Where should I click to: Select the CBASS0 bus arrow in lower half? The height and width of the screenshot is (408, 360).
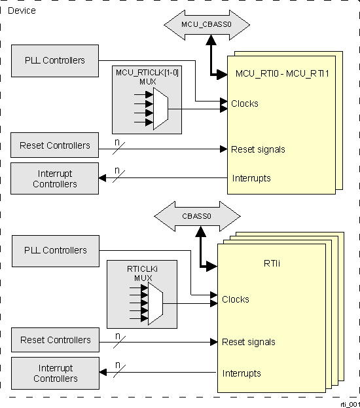tap(197, 214)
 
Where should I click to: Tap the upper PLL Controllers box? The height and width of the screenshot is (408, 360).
tap(55, 60)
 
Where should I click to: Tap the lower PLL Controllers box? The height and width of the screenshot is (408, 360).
tap(55, 250)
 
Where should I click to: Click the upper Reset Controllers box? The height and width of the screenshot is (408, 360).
tap(55, 145)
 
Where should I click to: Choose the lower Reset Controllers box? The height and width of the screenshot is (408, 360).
tap(55, 340)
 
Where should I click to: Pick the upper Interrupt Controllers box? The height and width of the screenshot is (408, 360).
tap(55, 179)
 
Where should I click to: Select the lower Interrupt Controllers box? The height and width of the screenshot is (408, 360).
tap(55, 373)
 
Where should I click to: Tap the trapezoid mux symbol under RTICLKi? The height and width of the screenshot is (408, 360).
tap(154, 304)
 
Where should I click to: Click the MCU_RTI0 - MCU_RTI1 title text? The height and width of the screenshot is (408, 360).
tap(281, 74)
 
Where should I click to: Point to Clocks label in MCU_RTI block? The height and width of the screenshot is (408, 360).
tap(245, 103)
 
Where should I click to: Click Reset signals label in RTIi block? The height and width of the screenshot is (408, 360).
tap(249, 342)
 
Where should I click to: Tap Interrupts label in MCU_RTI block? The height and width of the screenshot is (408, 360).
tap(251, 178)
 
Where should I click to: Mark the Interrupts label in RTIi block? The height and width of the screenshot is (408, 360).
tap(242, 373)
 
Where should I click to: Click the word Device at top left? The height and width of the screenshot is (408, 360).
tap(22, 10)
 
